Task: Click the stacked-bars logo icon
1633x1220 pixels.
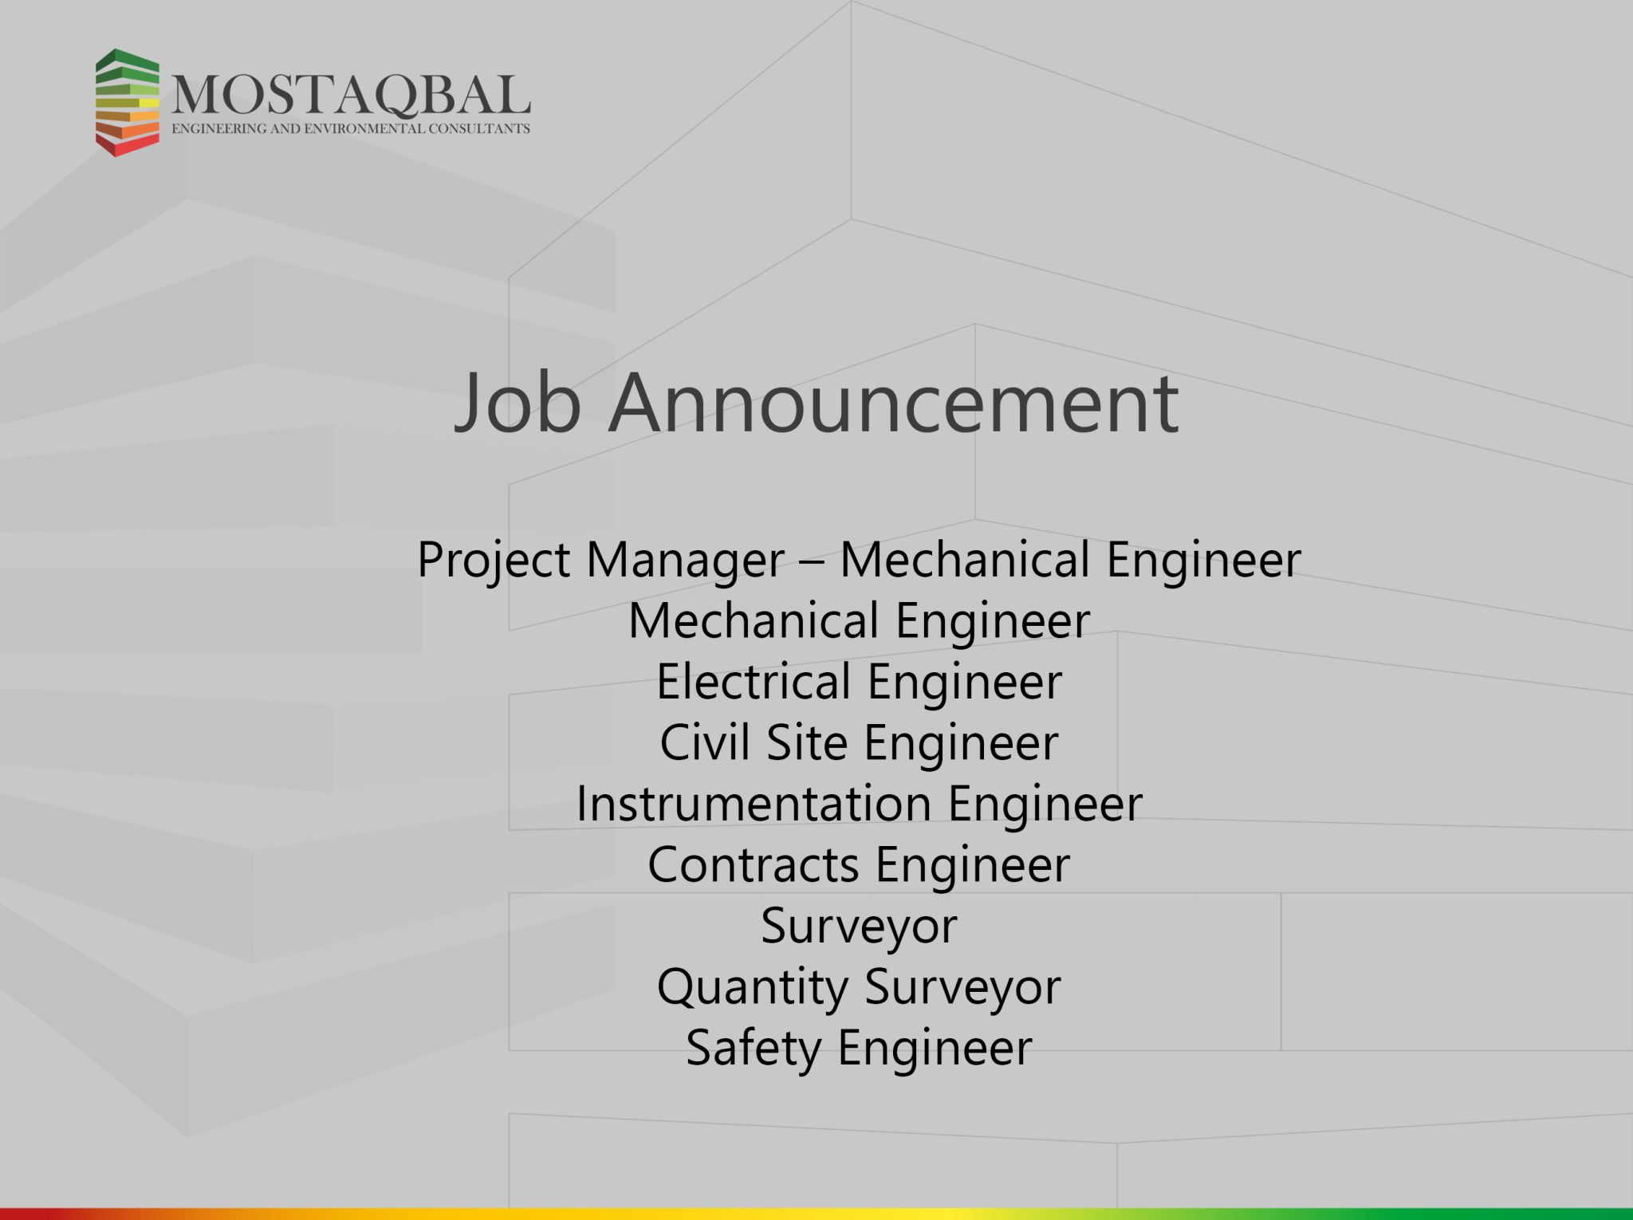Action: click(128, 102)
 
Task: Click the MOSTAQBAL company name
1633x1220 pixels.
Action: click(351, 96)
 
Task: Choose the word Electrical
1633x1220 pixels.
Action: click(754, 682)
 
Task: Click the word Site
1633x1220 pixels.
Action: click(806, 743)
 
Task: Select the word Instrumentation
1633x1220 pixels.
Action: click(754, 804)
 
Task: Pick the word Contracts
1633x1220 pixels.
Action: click(754, 865)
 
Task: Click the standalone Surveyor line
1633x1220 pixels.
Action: click(859, 927)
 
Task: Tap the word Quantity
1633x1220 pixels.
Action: click(752, 989)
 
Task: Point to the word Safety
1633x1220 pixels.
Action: click(754, 1049)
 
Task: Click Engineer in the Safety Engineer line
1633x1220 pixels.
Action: click(935, 1049)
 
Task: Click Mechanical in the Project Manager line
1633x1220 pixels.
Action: click(965, 560)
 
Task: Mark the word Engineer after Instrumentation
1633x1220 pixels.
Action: click(1045, 805)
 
